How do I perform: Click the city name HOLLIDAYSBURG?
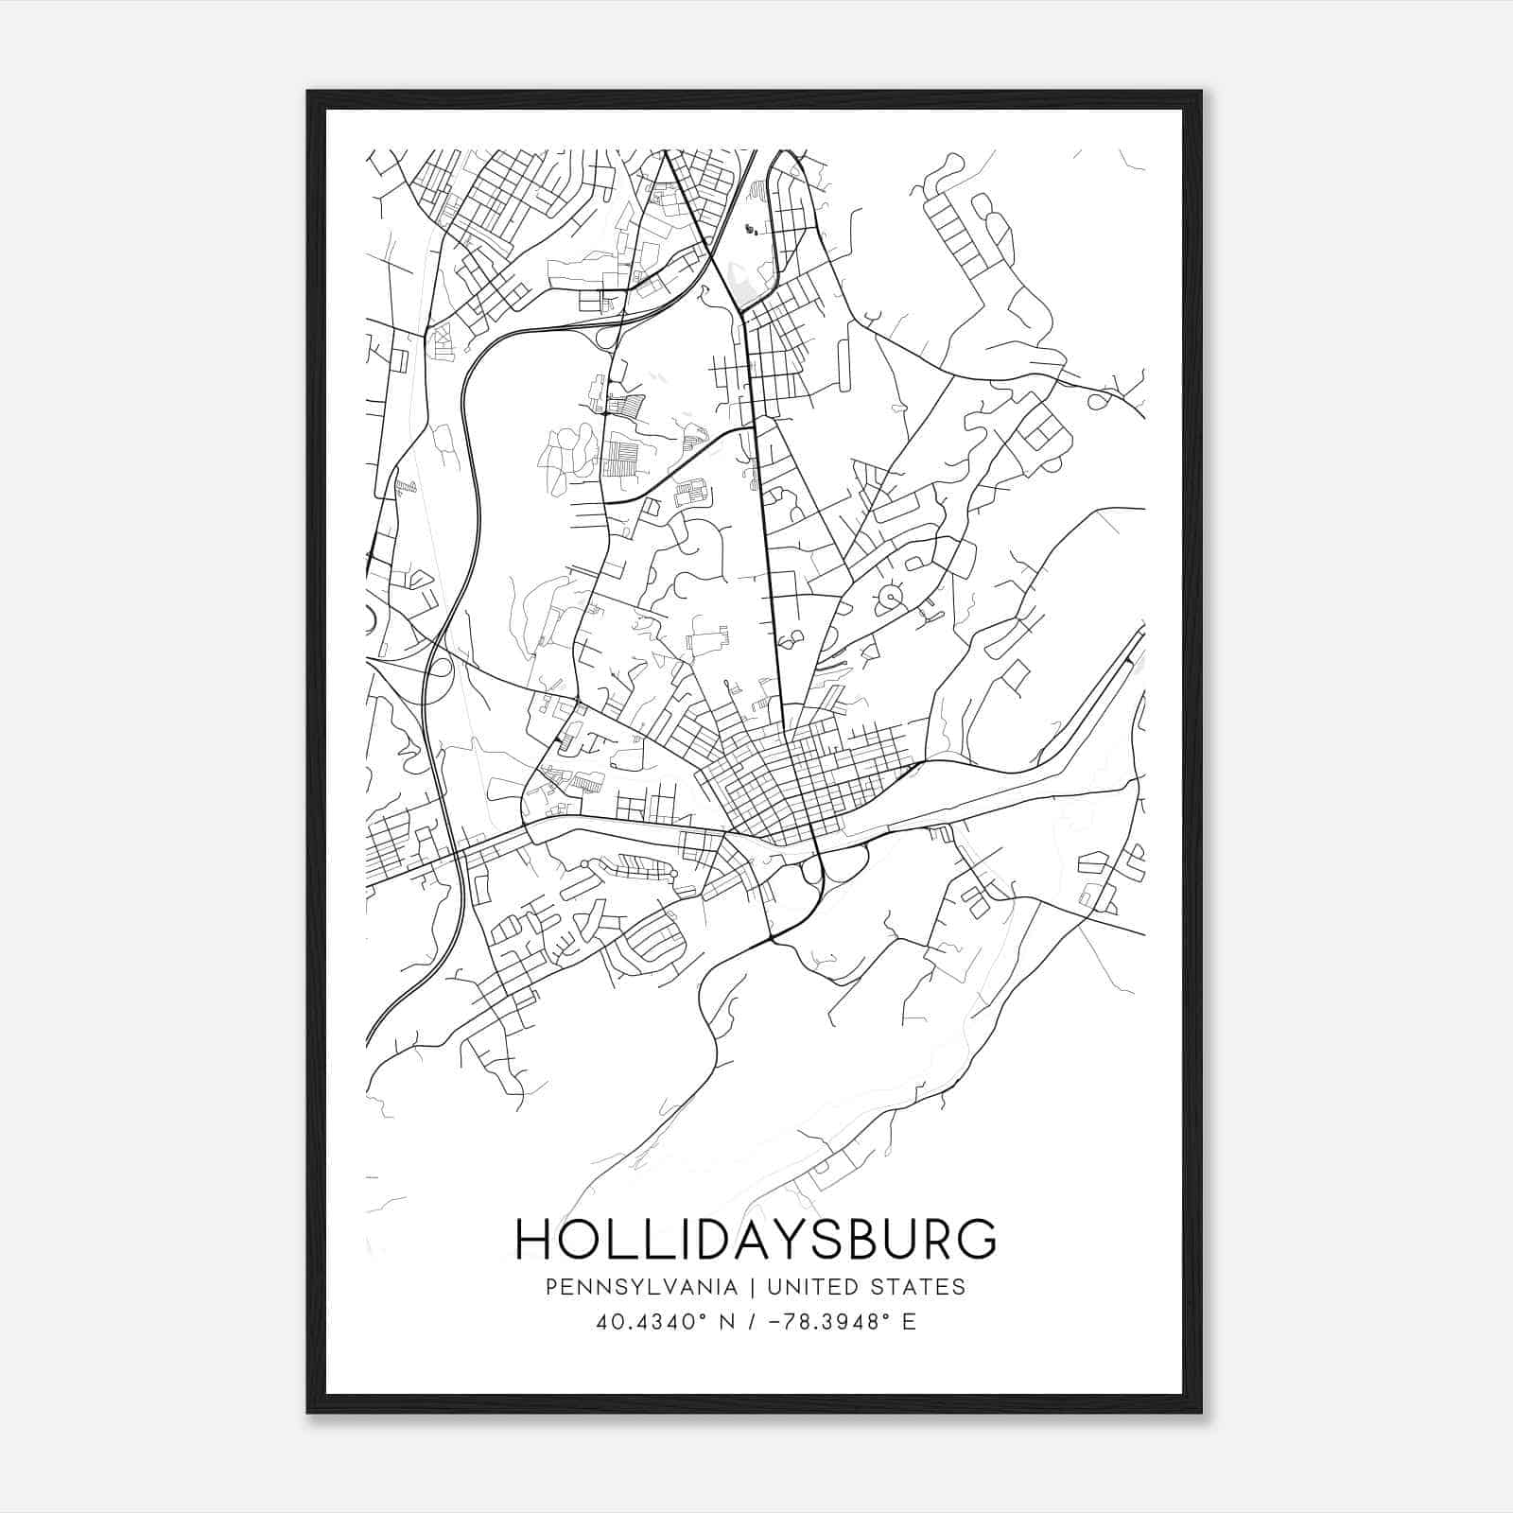pos(756,1239)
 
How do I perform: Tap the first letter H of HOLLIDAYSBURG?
pos(534,1239)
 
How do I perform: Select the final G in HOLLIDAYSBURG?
pos(979,1239)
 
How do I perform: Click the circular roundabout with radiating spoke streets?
pos(890,598)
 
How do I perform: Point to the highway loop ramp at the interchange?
pos(440,668)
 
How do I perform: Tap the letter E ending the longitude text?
pos(909,1322)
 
